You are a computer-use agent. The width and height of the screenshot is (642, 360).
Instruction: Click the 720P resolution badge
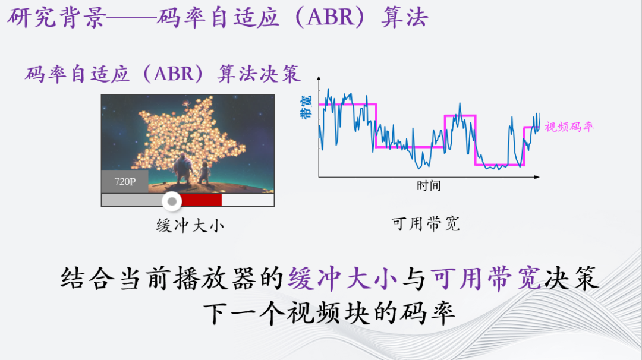point(125,182)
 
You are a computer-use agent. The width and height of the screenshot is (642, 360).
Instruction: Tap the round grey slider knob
point(172,201)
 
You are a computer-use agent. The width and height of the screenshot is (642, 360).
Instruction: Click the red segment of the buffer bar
point(201,201)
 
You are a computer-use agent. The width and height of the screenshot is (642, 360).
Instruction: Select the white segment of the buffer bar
point(247,201)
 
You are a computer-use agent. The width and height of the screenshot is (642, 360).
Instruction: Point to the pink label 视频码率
point(569,127)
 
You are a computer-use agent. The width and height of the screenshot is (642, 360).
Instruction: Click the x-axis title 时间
point(428,186)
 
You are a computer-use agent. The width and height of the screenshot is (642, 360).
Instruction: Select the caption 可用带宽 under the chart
point(426,224)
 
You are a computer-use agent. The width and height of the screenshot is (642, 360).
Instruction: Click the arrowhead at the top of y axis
point(319,80)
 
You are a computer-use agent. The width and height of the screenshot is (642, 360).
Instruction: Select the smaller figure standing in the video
point(204,172)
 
